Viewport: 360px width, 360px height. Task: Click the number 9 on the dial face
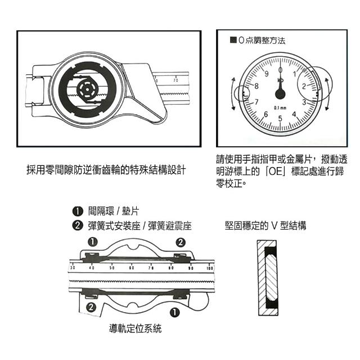coord(266,74)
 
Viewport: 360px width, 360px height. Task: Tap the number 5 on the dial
coord(280,119)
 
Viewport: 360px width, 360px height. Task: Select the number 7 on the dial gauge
coord(256,102)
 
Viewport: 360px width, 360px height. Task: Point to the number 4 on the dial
coord(294,114)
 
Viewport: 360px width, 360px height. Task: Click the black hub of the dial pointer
coord(280,94)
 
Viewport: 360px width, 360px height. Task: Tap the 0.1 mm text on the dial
coord(280,107)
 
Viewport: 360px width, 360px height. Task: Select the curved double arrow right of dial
coord(327,94)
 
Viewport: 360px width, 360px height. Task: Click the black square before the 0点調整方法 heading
coord(233,40)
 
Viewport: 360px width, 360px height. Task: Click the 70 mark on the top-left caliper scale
coord(175,80)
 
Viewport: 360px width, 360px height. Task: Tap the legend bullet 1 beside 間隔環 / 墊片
coord(78,211)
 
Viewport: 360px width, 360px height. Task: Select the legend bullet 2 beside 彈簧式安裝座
coord(78,226)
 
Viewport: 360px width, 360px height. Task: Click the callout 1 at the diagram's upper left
coord(92,242)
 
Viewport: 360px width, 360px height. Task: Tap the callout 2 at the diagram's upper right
coord(181,242)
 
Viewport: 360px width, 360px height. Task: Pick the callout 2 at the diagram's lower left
coord(91,307)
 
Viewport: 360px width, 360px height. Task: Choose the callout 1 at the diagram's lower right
coord(174,312)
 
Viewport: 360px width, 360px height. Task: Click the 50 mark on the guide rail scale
coord(112,268)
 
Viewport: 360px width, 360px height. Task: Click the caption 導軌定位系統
coord(135,328)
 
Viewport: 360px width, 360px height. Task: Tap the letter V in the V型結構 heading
coord(274,226)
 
